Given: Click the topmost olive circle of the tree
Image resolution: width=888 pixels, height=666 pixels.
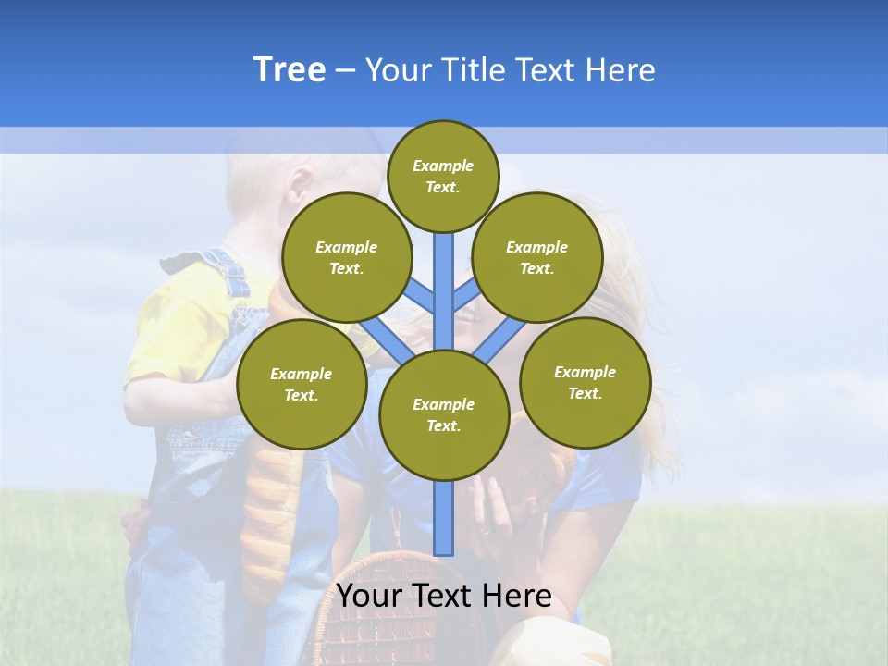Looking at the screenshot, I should click(x=443, y=176).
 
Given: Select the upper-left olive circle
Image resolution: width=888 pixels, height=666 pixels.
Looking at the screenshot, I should click(x=347, y=257).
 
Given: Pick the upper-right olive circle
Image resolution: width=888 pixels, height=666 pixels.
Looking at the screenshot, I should click(x=537, y=257).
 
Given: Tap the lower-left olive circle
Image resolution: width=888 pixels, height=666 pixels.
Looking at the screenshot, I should click(x=302, y=384).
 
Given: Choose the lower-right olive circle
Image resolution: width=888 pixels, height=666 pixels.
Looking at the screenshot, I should click(x=586, y=382).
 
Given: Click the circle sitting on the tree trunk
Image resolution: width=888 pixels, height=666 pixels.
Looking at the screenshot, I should click(x=444, y=415).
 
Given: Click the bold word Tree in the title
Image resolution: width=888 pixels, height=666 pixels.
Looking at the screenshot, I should click(x=290, y=69).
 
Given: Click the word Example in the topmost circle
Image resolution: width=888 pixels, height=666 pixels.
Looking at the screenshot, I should click(x=443, y=166).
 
